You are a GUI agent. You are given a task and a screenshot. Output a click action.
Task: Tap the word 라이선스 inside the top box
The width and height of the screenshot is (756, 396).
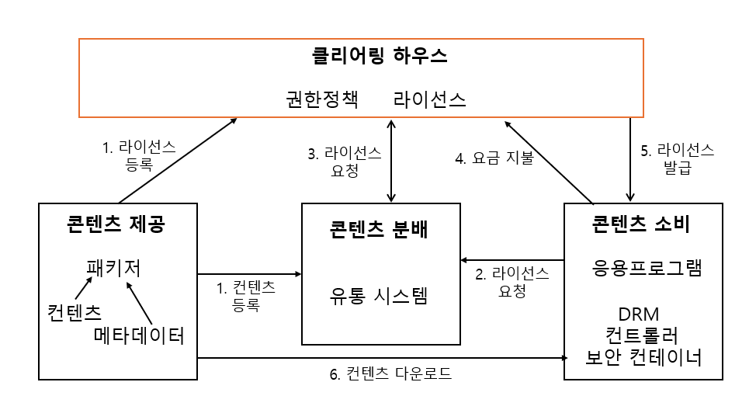430,100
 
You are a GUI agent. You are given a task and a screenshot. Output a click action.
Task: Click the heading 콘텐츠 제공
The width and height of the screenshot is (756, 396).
116,225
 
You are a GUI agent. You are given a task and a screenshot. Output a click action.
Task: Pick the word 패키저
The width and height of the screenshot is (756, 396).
113,268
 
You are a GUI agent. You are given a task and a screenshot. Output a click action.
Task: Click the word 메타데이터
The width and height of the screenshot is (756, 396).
140,336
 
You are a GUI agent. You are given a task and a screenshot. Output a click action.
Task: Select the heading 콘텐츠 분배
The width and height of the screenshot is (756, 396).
380,231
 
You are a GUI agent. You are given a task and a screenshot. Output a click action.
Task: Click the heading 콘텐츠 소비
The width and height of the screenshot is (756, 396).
642,225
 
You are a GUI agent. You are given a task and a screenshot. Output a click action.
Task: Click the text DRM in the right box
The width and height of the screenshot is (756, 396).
639,315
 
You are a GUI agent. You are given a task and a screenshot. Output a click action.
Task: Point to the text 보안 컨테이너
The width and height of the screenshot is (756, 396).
643,358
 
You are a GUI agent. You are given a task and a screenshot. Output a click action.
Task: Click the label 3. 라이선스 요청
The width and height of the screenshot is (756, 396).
344,162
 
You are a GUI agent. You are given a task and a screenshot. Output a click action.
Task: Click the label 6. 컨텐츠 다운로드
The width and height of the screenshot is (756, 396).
390,373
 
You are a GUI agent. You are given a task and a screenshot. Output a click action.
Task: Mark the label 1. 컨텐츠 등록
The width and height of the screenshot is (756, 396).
246,296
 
